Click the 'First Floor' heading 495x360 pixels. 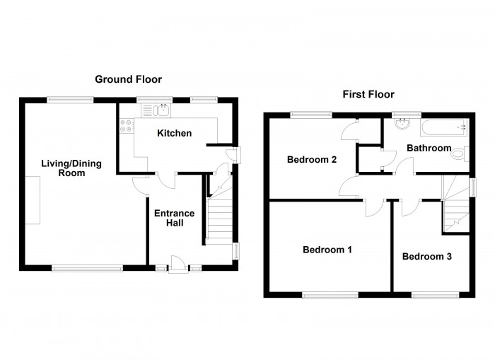click(x=368, y=94)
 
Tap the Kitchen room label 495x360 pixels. click(x=175, y=133)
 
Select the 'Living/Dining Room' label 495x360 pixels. click(x=71, y=168)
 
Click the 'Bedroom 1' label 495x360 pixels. click(x=327, y=250)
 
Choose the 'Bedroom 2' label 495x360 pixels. click(x=311, y=159)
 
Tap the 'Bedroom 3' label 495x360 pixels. click(x=427, y=256)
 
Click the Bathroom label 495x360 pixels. click(x=429, y=148)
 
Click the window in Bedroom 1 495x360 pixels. click(x=330, y=294)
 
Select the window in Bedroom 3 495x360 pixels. click(x=431, y=294)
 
